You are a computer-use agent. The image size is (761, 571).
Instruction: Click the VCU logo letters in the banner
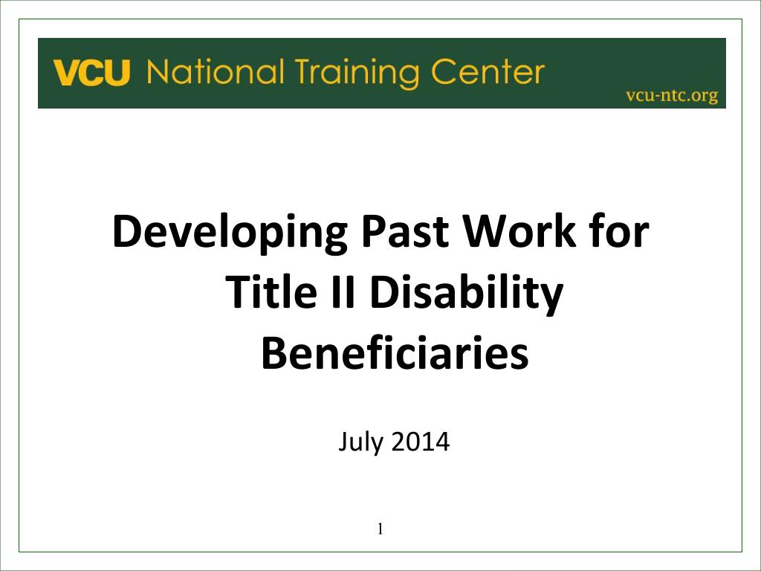pos(91,74)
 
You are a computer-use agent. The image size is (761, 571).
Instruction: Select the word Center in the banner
pos(485,73)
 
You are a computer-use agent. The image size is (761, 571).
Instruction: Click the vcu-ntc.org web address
pos(671,95)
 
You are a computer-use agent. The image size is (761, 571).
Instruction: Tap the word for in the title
pos(619,233)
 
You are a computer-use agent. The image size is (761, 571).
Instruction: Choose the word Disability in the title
pos(467,294)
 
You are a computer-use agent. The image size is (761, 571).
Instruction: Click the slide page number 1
pos(379,529)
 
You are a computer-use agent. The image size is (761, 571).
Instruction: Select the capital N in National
pos(159,73)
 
